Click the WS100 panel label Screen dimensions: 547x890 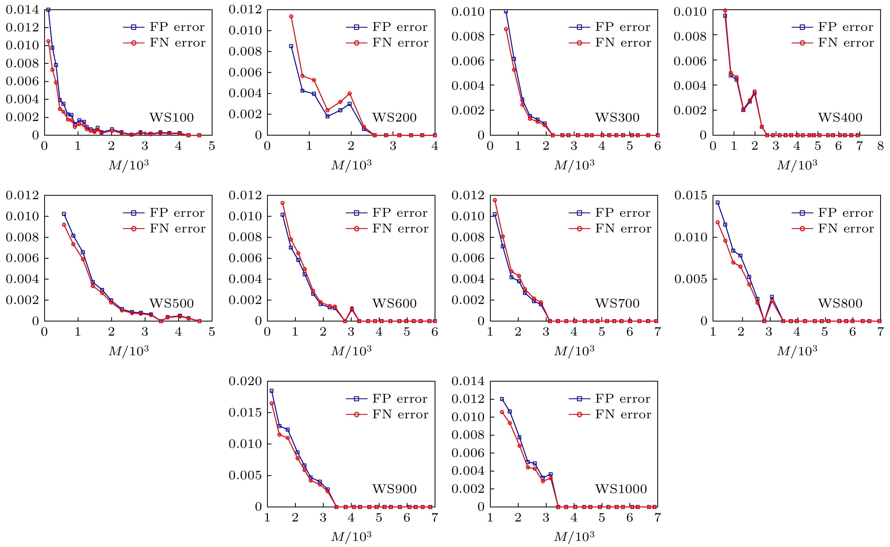click(172, 118)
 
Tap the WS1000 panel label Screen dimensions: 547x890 click(621, 489)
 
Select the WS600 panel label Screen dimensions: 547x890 click(394, 303)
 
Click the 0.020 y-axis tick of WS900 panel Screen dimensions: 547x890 click(245, 381)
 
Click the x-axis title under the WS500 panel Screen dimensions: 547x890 click(129, 350)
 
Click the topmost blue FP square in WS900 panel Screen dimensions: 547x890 click(272, 391)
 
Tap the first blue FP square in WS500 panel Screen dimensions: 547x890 click(64, 214)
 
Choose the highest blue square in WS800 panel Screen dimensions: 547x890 click(717, 203)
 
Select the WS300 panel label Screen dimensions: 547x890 click(617, 118)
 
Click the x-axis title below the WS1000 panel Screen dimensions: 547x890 click(575, 536)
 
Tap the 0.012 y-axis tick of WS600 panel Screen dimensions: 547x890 click(245, 195)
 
